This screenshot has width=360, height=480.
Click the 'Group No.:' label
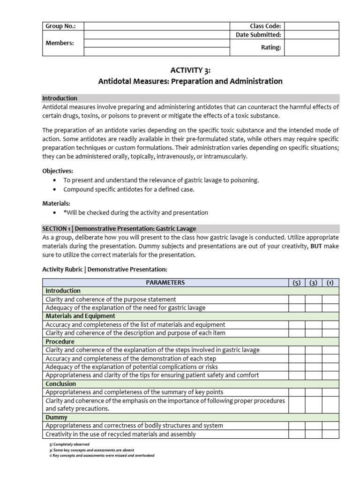tap(60, 26)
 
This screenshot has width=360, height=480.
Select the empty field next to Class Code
tap(311, 26)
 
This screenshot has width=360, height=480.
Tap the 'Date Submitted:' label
tap(258, 35)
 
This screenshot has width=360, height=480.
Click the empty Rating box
tap(311, 47)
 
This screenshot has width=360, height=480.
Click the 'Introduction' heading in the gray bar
tap(60, 98)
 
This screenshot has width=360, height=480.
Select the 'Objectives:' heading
tap(58, 171)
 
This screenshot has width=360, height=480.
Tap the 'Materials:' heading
tap(56, 203)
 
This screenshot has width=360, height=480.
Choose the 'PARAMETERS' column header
tap(165, 282)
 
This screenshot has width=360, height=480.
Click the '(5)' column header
tap(297, 283)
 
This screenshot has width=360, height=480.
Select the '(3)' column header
tap(313, 283)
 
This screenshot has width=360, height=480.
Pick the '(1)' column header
tap(330, 283)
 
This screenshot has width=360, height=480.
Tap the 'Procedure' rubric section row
tap(60, 342)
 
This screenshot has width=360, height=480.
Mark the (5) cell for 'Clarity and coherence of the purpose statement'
tap(297, 299)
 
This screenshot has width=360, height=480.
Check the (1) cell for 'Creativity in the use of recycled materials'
tap(330, 434)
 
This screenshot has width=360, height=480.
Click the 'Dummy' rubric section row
tap(56, 417)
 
